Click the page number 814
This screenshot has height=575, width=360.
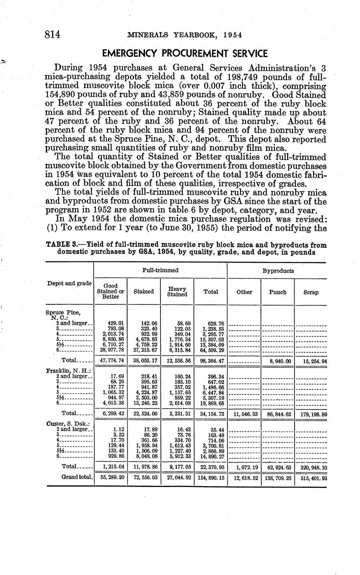pyautogui.click(x=53, y=35)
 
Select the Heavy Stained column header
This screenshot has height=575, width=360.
pyautogui.click(x=177, y=291)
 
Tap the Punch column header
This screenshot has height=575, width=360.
pyautogui.click(x=277, y=292)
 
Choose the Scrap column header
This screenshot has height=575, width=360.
pyautogui.click(x=310, y=292)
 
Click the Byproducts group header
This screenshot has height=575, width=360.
pyautogui.click(x=277, y=271)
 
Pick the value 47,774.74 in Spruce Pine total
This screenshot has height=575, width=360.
pyautogui.click(x=110, y=359)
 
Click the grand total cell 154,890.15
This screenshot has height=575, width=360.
pyautogui.click(x=210, y=477)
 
